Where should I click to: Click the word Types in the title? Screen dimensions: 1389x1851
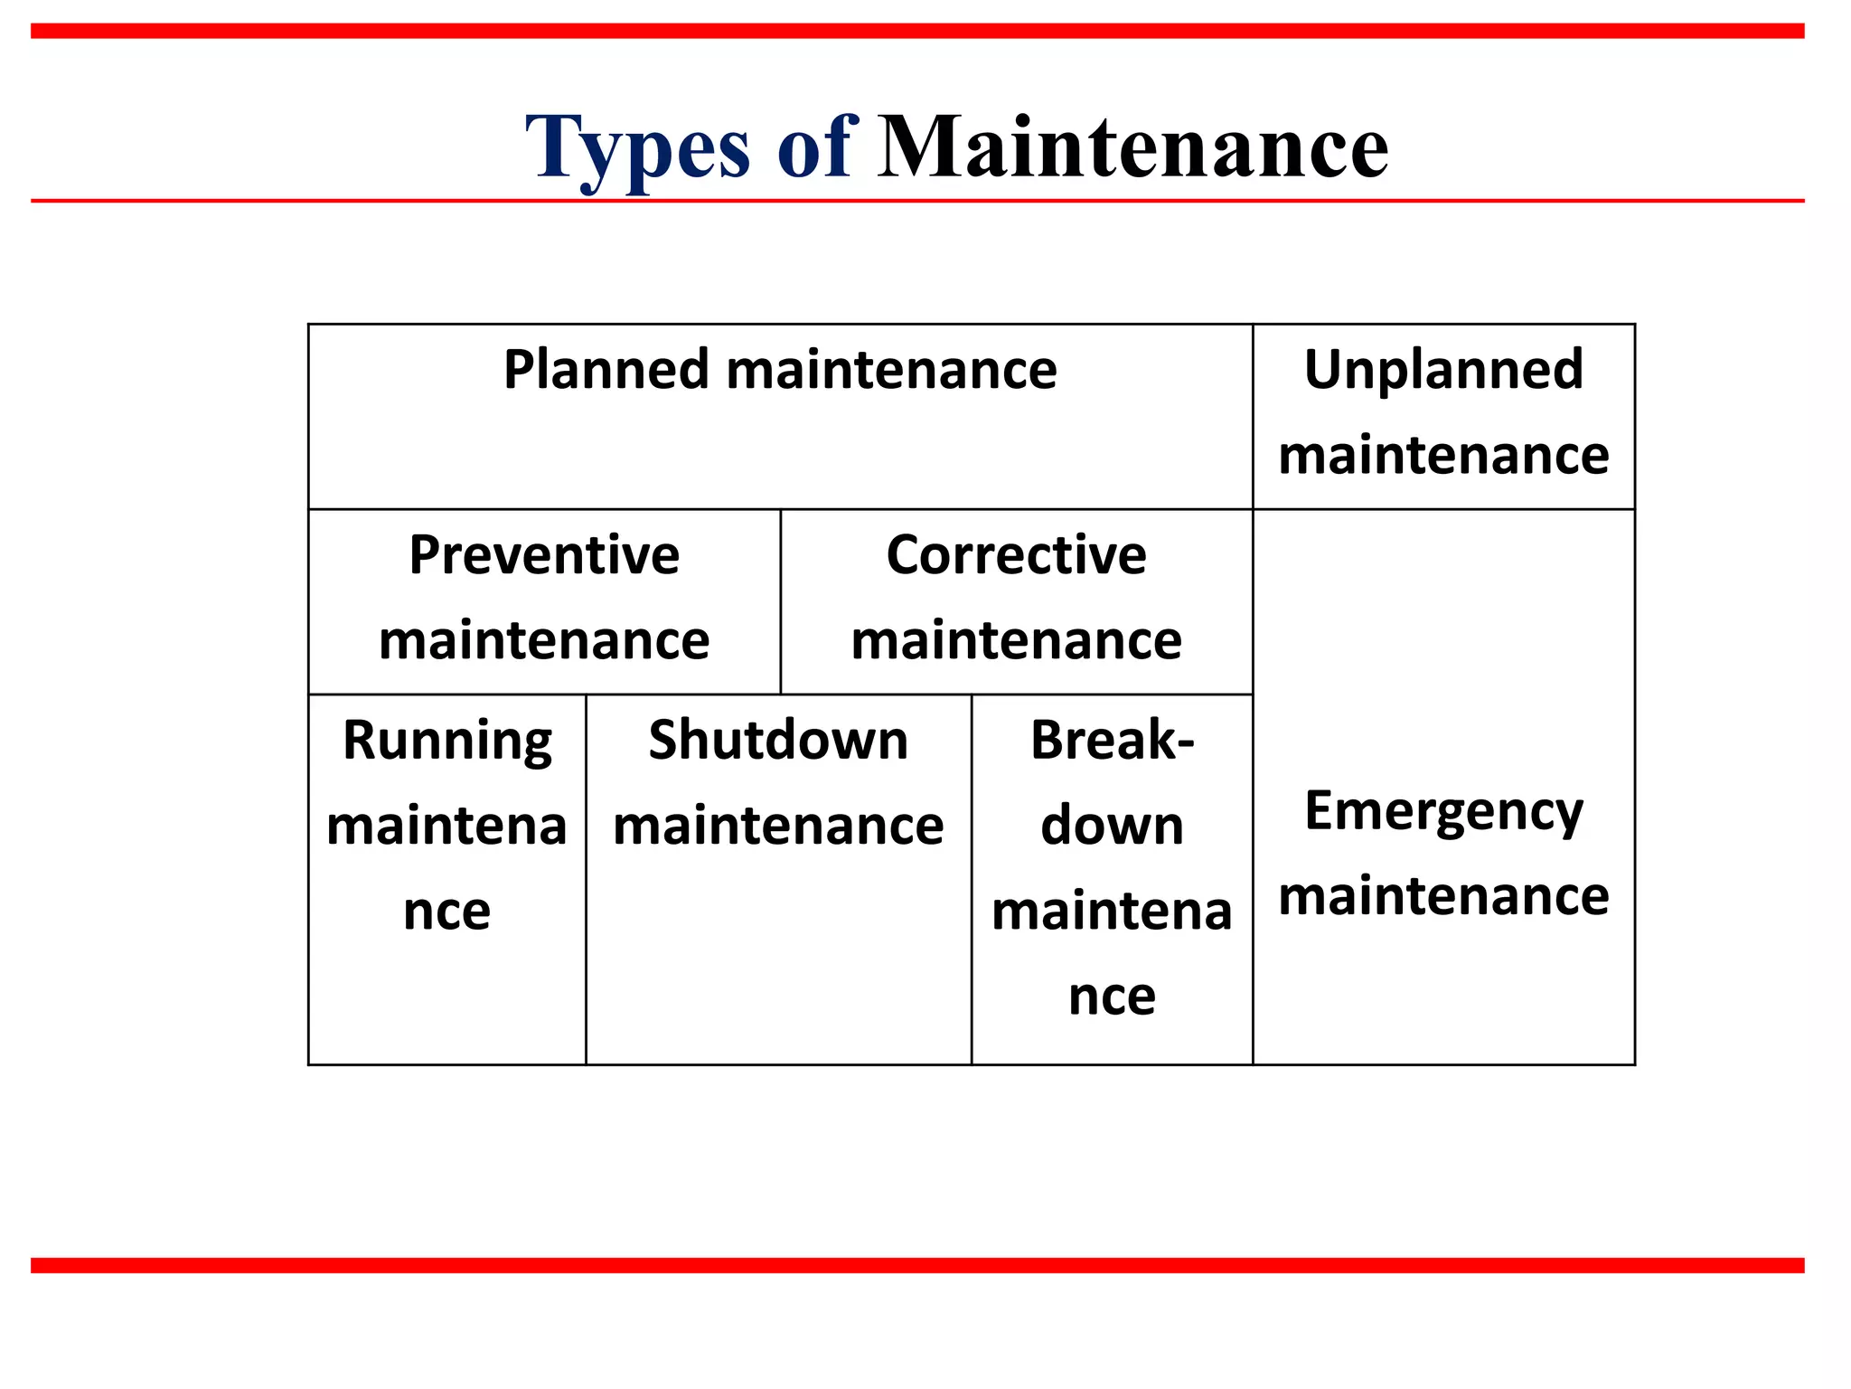coord(637,148)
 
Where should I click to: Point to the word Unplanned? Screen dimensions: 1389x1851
coord(1443,370)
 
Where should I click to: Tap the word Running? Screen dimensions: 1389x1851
coord(447,742)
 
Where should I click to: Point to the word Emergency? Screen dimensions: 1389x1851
coord(1443,811)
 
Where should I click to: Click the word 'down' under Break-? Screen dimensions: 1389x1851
coord(1112,826)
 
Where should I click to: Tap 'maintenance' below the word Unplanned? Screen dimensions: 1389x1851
coord(1443,455)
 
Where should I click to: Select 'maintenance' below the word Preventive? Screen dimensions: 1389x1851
coord(544,640)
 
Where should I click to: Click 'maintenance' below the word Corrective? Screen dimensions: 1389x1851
coord(1016,640)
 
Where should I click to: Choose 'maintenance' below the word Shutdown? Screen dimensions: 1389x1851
coord(778,826)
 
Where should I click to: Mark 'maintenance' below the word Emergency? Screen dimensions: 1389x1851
coord(1443,896)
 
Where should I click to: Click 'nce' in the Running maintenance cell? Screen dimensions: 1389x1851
coord(447,911)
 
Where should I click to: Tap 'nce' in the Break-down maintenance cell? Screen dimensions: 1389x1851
coord(1112,997)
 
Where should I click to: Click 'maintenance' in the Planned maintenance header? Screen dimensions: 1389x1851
coord(891,370)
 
